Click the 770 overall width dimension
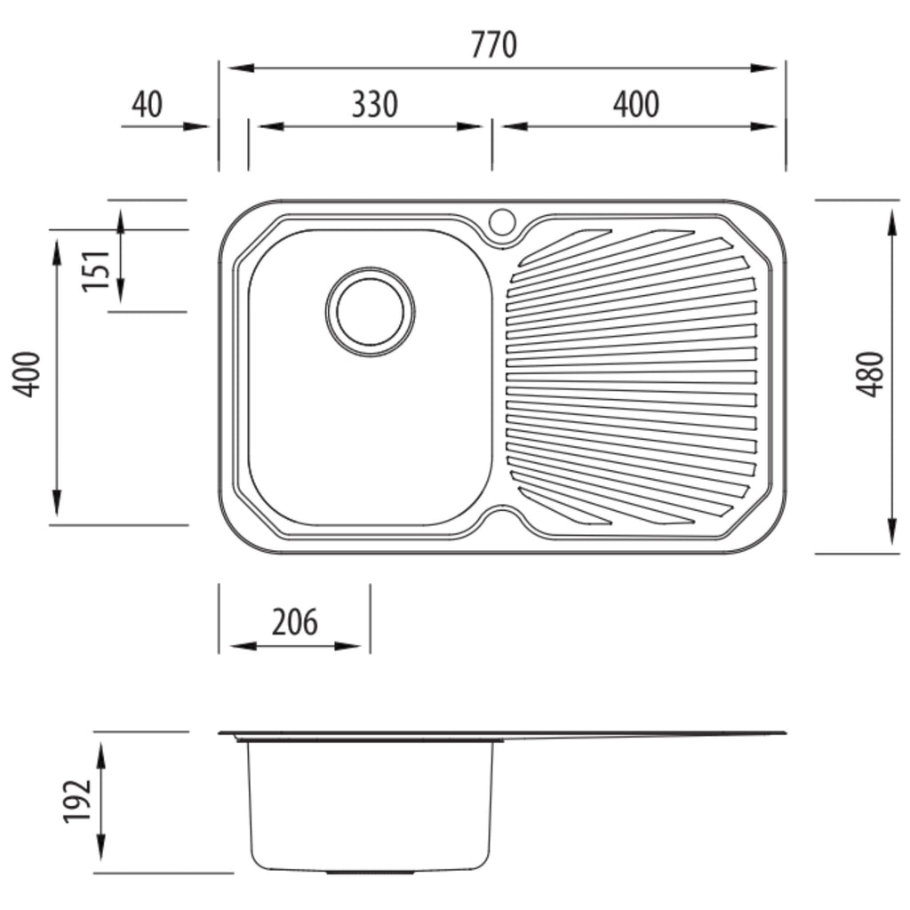click(x=493, y=44)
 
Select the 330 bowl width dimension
click(x=375, y=105)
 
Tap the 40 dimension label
click(x=147, y=105)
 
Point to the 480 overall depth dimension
click(x=871, y=374)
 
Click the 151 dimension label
click(x=96, y=270)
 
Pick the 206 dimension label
click(x=295, y=622)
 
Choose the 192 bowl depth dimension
click(x=77, y=802)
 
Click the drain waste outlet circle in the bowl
click(x=371, y=312)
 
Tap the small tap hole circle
click(x=502, y=221)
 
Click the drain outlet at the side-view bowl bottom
click(x=371, y=873)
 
